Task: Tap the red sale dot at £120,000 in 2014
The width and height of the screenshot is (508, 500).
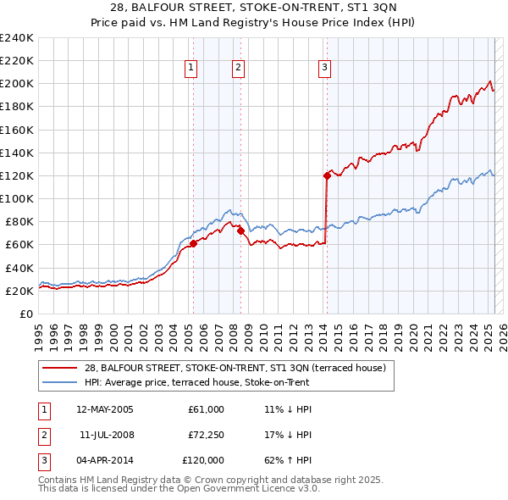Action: pyautogui.click(x=326, y=176)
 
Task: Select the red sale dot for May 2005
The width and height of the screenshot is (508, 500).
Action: pyautogui.click(x=193, y=244)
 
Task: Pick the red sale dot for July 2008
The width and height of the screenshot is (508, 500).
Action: pyautogui.click(x=240, y=230)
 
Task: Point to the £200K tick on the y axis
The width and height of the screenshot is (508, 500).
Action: pyautogui.click(x=16, y=84)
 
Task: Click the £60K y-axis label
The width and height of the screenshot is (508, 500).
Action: pyautogui.click(x=19, y=245)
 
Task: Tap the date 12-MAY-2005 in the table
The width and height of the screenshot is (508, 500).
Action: pyautogui.click(x=104, y=409)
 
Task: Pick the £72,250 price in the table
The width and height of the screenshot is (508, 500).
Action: pyautogui.click(x=203, y=435)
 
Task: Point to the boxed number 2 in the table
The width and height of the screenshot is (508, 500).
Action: pyautogui.click(x=41, y=435)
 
